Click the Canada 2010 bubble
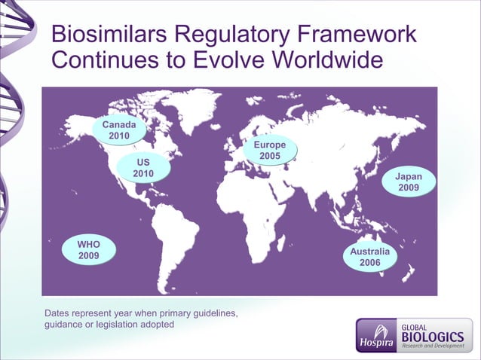[119, 130]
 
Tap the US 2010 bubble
[143, 168]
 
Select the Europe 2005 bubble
[270, 150]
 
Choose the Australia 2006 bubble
[369, 256]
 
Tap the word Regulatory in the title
[234, 35]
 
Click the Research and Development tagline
[433, 346]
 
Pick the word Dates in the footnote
[58, 313]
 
